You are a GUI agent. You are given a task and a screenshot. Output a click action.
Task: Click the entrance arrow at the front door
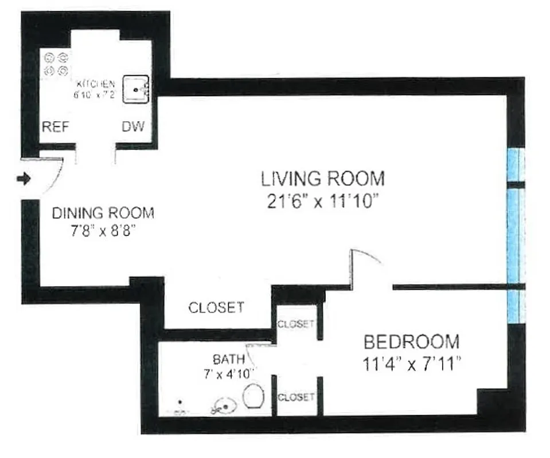click(x=23, y=180)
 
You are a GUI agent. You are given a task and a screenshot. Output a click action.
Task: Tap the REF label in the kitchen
click(x=56, y=127)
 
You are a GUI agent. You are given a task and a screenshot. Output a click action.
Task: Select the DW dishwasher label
click(x=132, y=127)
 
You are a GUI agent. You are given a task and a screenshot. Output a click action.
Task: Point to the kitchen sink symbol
click(x=136, y=90)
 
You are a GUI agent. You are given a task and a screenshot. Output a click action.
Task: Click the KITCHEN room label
click(x=96, y=83)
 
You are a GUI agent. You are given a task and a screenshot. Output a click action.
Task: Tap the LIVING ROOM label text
click(x=323, y=179)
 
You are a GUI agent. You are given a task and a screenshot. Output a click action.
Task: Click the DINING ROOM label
click(x=103, y=214)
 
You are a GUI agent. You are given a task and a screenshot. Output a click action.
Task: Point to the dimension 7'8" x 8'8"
click(x=103, y=233)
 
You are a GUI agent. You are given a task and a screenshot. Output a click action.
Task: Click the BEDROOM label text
click(x=412, y=342)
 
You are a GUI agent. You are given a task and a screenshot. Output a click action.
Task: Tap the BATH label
click(x=229, y=360)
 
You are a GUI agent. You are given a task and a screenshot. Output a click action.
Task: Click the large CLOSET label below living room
click(x=216, y=307)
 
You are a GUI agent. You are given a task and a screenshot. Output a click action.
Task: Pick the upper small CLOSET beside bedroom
click(x=295, y=324)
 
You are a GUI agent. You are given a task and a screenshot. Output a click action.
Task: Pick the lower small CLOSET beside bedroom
click(x=296, y=397)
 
